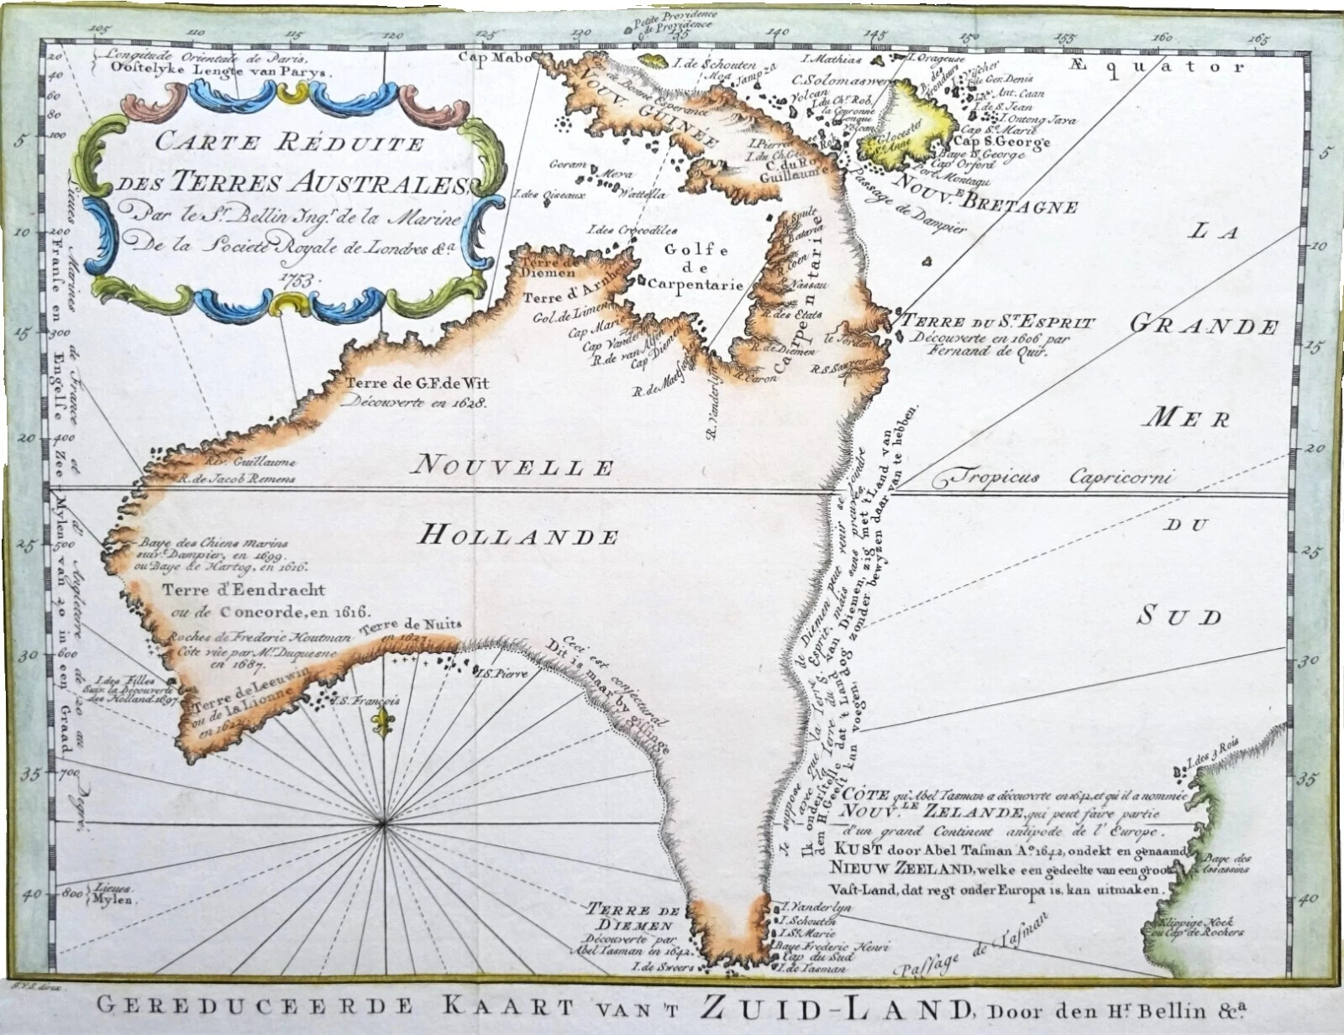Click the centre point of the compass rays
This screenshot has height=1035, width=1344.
pyautogui.click(x=385, y=825)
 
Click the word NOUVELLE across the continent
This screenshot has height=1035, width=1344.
pyautogui.click(x=515, y=464)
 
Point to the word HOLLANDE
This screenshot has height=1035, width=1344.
pyautogui.click(x=518, y=535)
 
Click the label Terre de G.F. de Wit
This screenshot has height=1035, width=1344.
pyautogui.click(x=417, y=384)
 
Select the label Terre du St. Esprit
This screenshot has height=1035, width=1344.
pyautogui.click(x=998, y=322)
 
